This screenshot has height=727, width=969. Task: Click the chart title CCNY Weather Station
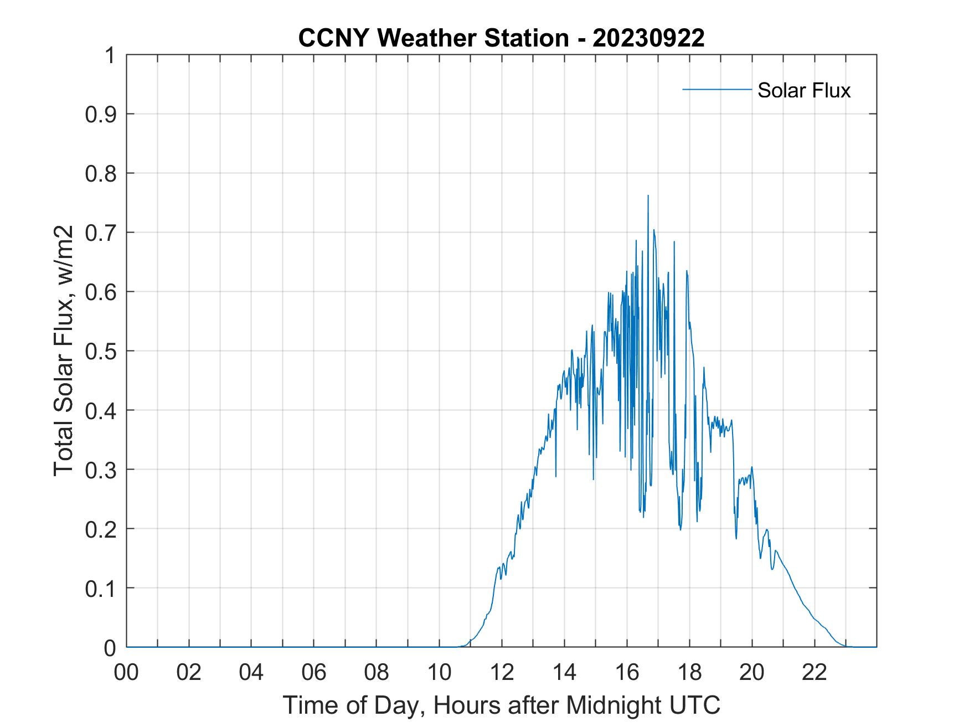coord(433,38)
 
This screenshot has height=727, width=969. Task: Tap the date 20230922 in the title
coord(648,38)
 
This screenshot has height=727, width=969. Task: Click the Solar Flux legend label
coord(803,90)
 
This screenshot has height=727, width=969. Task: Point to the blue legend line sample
coord(717,89)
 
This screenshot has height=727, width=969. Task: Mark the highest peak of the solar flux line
coord(648,196)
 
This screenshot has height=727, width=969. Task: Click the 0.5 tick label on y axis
coord(102,351)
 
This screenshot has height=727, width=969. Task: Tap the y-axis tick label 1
coord(110,55)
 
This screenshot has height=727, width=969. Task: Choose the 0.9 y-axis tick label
coord(102,115)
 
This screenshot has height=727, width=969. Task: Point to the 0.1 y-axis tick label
coord(102,588)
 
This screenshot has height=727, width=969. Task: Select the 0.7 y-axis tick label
coord(102,233)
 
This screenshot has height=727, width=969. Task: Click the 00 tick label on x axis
coord(126,672)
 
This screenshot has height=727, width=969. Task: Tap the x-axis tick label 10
coord(440,672)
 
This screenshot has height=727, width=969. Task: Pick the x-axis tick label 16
coord(627,672)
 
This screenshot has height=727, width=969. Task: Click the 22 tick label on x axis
coord(815,672)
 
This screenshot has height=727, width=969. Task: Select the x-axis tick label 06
coord(314,672)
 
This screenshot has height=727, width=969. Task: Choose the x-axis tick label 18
coord(689,672)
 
